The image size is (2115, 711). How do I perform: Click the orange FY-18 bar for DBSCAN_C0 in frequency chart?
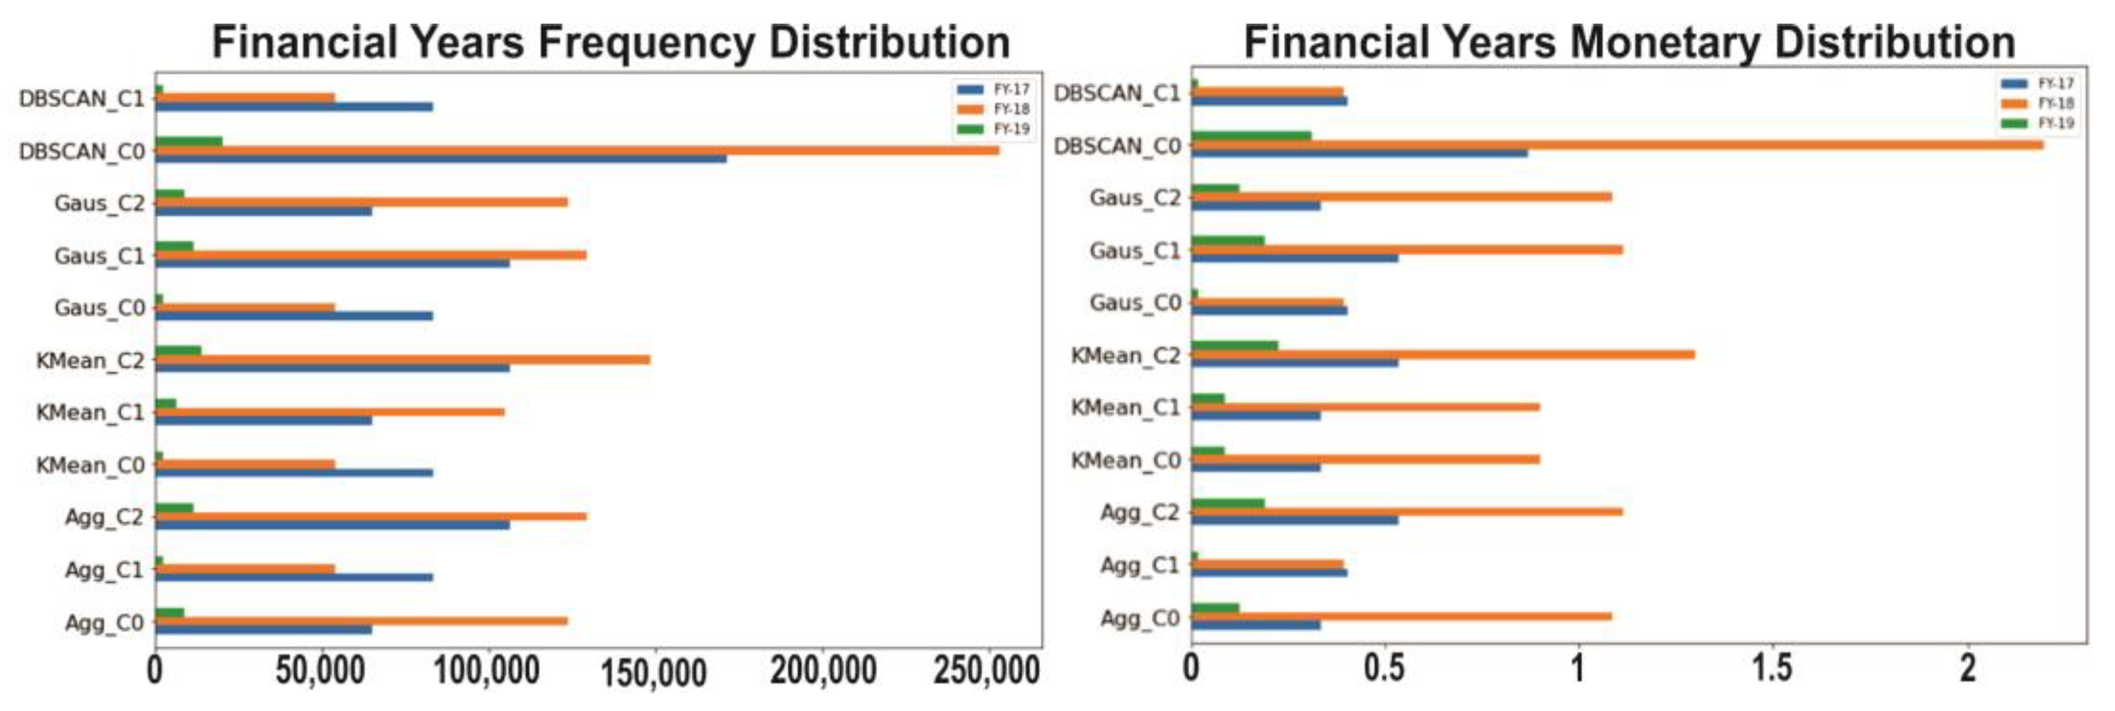click(x=575, y=150)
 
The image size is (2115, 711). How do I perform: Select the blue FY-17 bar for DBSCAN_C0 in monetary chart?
click(x=1359, y=153)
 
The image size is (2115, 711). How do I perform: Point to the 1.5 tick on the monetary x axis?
click(x=1772, y=669)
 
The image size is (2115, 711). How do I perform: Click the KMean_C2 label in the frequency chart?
click(x=90, y=360)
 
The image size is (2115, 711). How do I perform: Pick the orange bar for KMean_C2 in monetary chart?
click(x=1442, y=355)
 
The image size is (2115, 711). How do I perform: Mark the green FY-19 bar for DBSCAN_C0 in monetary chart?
click(x=1251, y=136)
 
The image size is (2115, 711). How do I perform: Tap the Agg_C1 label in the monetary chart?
click(x=1140, y=566)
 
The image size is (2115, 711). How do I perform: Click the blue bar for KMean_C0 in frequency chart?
click(x=293, y=473)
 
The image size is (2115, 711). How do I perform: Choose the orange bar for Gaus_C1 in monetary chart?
click(x=1407, y=250)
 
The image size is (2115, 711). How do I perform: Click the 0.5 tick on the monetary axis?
click(x=1384, y=669)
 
